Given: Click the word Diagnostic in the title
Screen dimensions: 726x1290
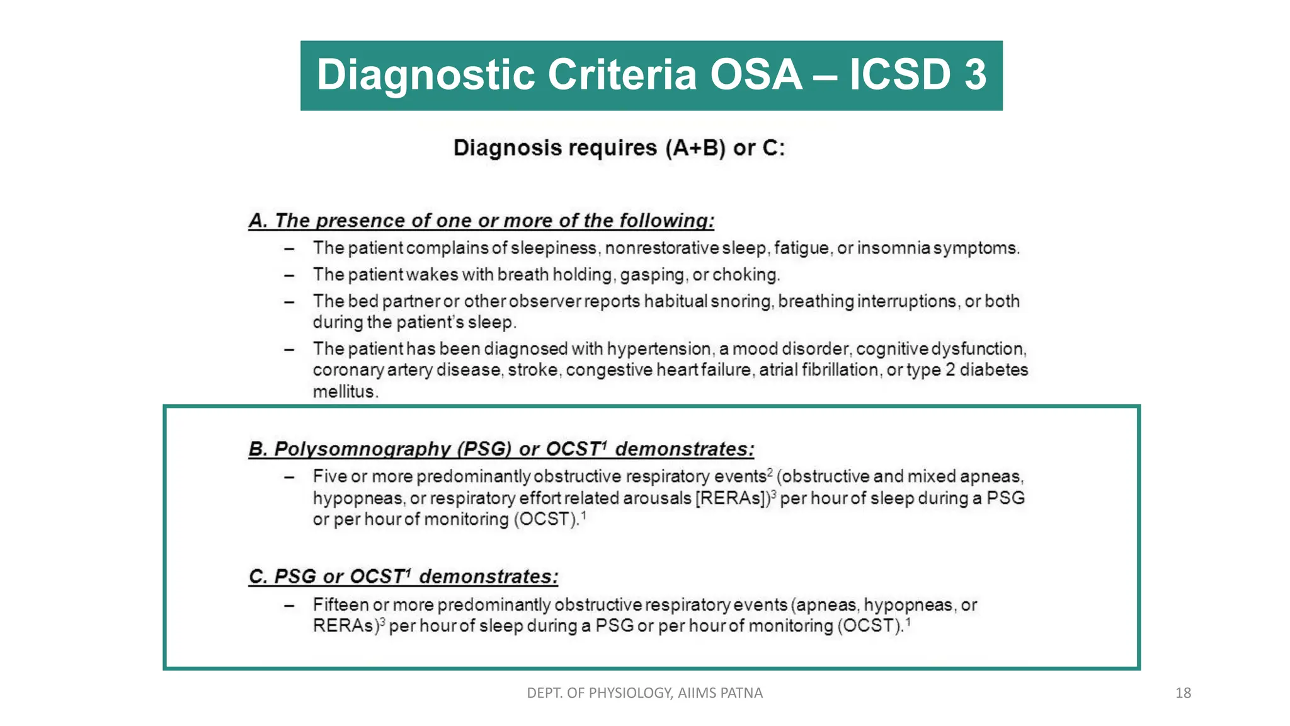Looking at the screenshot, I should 426,75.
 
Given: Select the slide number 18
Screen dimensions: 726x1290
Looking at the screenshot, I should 1183,693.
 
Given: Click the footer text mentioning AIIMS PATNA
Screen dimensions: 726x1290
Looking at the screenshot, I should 644,693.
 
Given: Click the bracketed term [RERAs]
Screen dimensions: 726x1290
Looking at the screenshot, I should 733,498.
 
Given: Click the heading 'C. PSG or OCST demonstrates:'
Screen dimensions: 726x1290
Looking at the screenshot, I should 403,577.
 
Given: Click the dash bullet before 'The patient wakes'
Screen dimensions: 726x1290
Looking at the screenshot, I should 289,275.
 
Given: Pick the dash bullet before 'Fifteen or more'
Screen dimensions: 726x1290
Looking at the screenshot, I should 289,606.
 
